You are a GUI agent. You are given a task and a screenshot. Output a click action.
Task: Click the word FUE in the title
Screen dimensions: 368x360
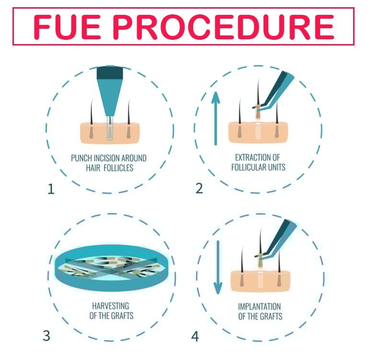coord(67,27)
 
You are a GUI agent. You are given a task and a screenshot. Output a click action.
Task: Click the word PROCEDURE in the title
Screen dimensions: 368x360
coord(223,27)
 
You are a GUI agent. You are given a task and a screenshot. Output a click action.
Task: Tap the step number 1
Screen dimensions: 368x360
coord(51,189)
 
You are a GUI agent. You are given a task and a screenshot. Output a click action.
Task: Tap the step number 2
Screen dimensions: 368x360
coord(199,188)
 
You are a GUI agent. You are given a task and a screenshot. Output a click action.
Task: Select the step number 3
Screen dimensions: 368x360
coord(46,336)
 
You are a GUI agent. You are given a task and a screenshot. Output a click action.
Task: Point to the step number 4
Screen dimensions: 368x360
coord(195,337)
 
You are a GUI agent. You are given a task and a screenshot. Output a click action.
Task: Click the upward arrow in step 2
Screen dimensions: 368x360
coord(216,118)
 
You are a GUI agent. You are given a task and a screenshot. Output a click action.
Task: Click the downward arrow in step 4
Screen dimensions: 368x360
coord(218,267)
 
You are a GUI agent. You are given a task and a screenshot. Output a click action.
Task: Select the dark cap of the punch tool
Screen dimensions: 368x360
coord(110,73)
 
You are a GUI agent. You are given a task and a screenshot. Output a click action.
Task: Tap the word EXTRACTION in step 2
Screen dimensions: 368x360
coord(251,157)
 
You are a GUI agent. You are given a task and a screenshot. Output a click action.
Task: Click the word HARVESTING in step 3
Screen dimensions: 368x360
coord(111,306)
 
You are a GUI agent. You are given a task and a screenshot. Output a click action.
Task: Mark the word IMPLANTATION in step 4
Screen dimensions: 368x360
coord(259,306)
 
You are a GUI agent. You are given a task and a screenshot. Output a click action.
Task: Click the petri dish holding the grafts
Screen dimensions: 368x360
coord(112,267)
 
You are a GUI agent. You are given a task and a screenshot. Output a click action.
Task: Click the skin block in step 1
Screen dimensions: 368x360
coord(110,133)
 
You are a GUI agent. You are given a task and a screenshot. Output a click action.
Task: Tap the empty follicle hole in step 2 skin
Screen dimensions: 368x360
coord(258,132)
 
